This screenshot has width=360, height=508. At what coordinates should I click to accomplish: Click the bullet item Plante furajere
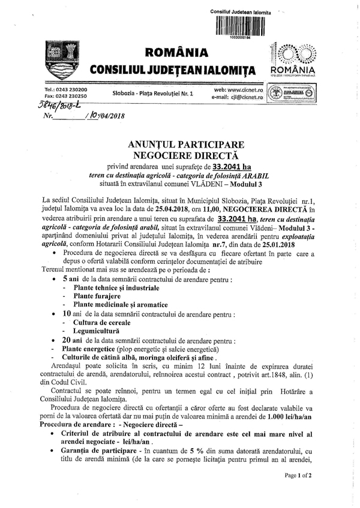97,296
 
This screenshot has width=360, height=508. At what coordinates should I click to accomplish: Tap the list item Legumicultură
96,330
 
